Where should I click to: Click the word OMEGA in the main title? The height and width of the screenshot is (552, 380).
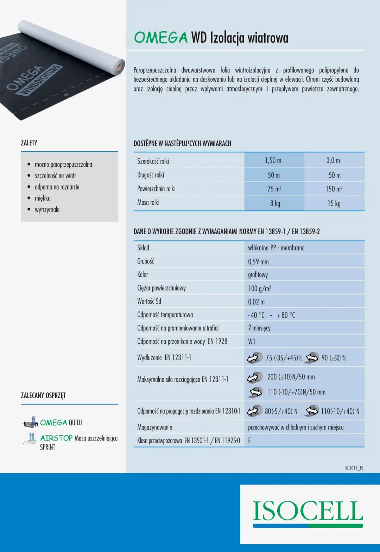coord(161,38)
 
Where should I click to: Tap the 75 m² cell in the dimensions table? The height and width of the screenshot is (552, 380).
coord(274,189)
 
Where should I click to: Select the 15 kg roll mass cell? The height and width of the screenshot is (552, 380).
coord(334,203)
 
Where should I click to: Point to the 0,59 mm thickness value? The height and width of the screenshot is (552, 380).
coord(258,261)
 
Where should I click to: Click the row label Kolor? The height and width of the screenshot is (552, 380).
coord(142,274)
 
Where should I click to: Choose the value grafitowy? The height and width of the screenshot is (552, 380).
coord(258,274)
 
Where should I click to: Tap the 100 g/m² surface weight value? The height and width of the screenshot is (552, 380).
coord(259,288)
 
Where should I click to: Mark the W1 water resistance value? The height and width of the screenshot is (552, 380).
coord(252,341)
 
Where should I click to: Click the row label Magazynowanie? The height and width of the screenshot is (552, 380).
coord(154,427)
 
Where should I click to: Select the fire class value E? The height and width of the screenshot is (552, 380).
coord(249,440)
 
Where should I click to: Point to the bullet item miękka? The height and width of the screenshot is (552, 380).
coord(43,198)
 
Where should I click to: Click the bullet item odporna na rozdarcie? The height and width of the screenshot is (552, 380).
coord(57,187)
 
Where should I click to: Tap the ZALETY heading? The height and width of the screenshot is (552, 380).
coord(29,142)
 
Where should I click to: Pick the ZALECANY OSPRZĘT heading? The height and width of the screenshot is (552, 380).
coord(43,395)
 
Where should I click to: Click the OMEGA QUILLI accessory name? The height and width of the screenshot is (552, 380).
coord(61,422)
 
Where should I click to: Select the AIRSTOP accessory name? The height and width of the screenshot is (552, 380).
coord(56,438)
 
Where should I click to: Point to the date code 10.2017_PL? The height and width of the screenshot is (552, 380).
coord(354,468)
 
